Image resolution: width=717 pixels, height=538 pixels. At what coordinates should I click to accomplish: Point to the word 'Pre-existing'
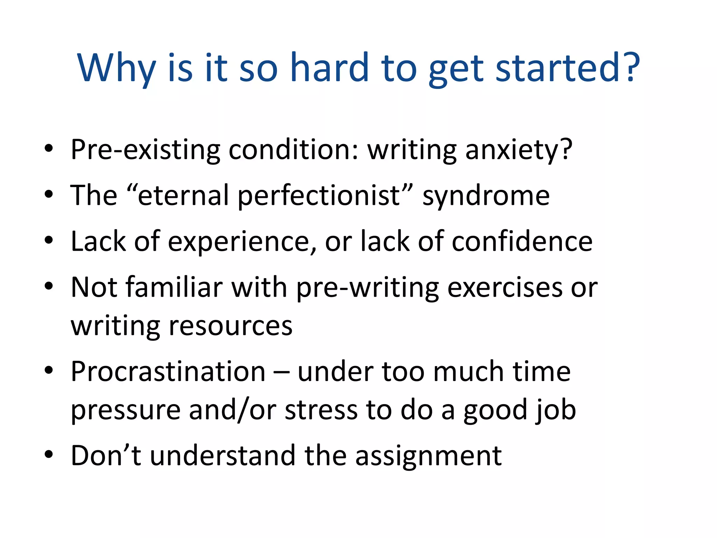tap(145, 150)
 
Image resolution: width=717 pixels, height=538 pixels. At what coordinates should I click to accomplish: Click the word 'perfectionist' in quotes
tap(319, 195)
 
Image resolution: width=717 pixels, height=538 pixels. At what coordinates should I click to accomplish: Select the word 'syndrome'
tap(486, 196)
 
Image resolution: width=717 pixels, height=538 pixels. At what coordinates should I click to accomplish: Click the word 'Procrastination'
tap(168, 371)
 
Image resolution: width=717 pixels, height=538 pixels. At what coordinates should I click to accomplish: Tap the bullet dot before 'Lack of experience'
tap(49, 240)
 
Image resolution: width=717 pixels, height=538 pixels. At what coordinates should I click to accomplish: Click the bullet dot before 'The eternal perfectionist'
tap(49, 194)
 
